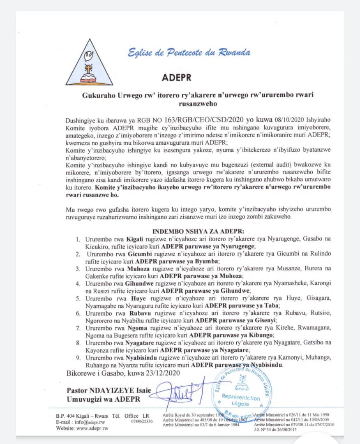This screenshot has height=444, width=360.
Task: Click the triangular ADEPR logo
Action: (x=89, y=63)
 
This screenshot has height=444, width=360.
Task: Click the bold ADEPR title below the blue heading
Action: (x=177, y=77)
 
